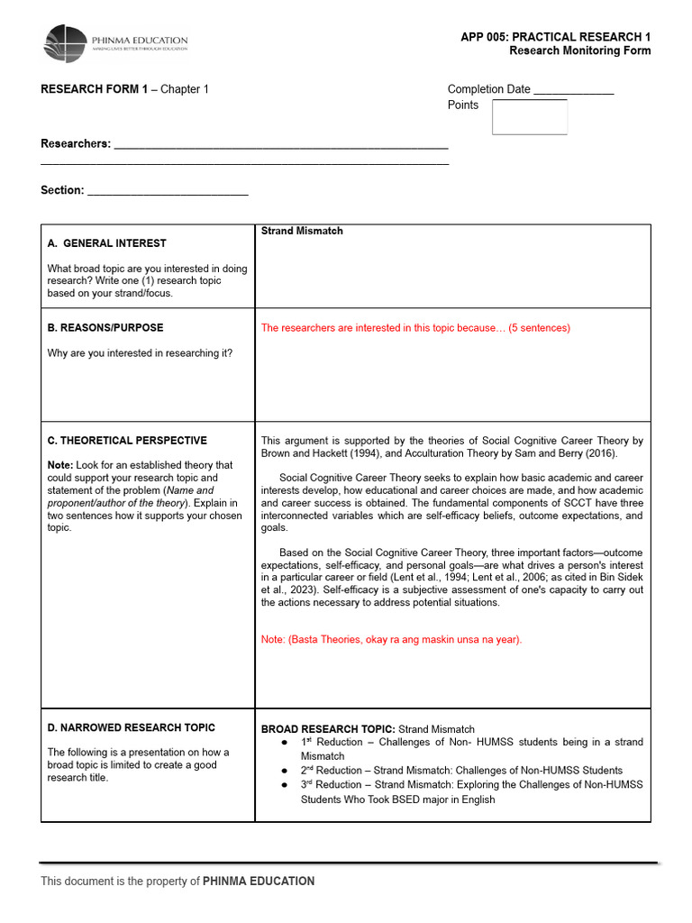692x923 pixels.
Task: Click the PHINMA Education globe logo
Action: pos(66,43)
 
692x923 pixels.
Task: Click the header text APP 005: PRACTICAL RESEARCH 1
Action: pos(555,37)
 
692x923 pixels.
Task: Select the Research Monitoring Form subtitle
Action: pos(579,50)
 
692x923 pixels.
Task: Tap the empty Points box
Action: pos(530,117)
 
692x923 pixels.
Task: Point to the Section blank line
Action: pos(168,191)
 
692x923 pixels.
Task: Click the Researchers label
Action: pos(76,144)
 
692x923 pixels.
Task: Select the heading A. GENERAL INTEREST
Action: pos(106,243)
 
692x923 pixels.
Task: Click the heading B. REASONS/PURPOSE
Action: pos(105,328)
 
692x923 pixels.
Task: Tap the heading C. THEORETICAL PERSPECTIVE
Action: pos(127,441)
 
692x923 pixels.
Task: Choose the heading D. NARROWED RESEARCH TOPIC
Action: pos(132,727)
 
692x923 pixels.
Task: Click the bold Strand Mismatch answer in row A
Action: pos(302,232)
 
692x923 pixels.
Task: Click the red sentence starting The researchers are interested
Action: pos(415,328)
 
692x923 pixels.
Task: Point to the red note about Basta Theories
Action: pos(391,640)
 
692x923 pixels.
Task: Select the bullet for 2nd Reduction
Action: pos(284,772)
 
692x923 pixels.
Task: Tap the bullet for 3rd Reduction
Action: pos(284,785)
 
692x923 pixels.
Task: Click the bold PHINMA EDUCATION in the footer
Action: pos(259,882)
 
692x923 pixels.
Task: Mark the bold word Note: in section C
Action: pos(60,465)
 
